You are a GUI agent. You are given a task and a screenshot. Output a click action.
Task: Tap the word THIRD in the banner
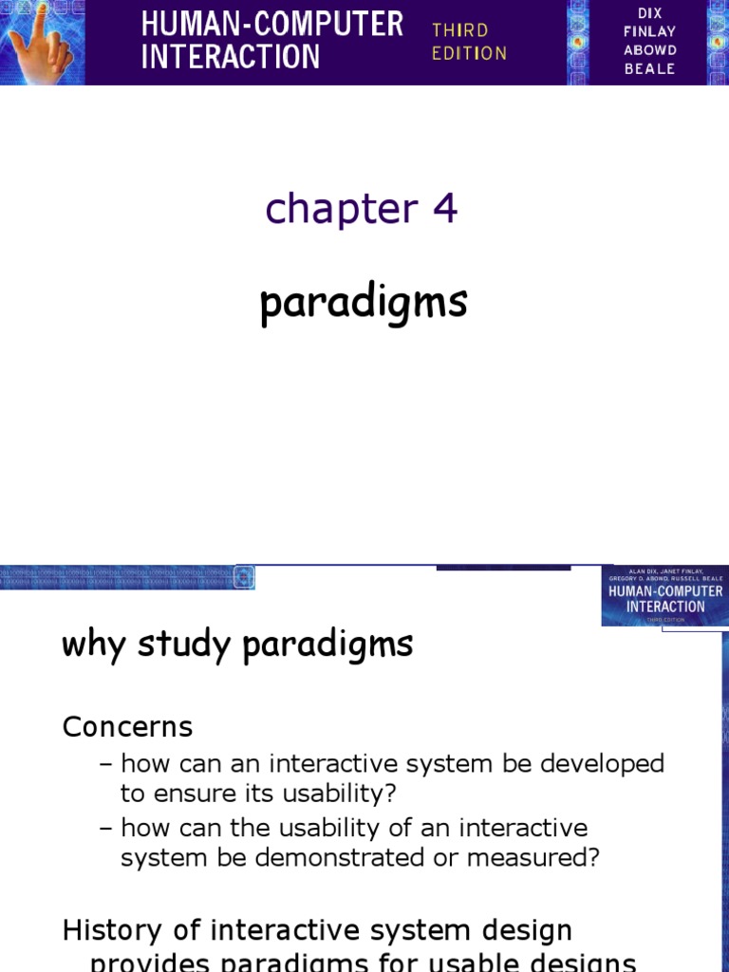(459, 30)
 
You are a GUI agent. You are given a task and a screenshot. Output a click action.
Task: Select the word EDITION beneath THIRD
(469, 53)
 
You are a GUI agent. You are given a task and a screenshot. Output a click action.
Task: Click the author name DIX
(650, 14)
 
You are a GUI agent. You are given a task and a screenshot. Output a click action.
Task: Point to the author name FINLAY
(650, 32)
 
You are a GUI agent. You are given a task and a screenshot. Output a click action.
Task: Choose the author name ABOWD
(650, 50)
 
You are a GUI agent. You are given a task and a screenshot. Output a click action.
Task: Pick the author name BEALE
(650, 68)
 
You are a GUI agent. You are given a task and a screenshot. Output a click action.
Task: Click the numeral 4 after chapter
(445, 209)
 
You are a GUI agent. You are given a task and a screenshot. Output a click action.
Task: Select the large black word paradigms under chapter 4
(364, 304)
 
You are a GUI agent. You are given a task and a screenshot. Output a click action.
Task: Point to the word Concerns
(127, 727)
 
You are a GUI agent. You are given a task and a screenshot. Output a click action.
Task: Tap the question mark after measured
(595, 857)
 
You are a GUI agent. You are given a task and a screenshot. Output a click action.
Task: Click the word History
(113, 930)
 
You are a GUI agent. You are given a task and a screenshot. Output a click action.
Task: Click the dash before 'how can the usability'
(107, 828)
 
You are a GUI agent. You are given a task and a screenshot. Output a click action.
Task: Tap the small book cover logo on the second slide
(664, 596)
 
